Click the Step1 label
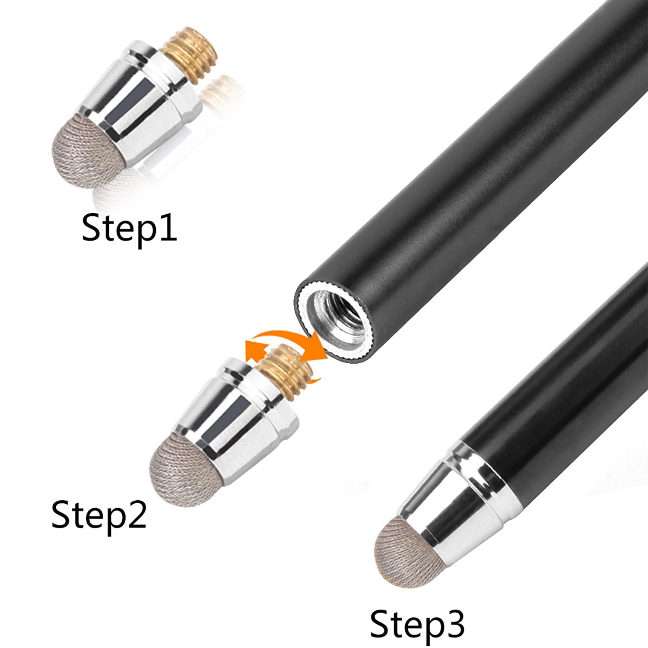[129, 228]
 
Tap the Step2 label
[99, 515]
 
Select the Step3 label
[417, 624]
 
